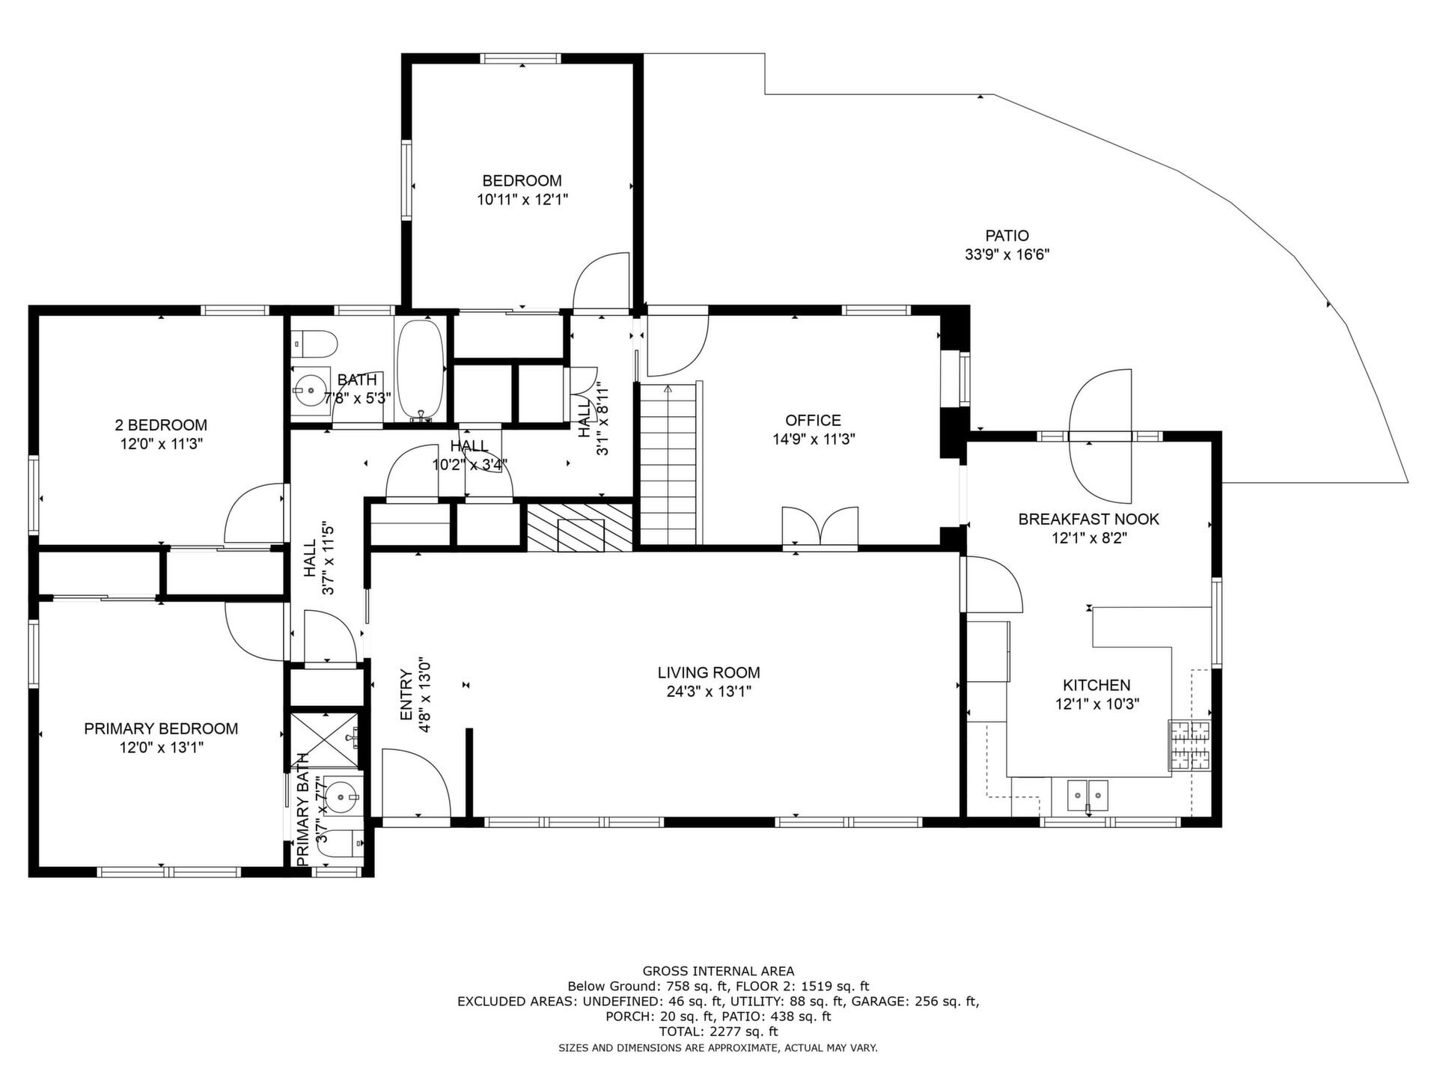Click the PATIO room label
coord(1007,236)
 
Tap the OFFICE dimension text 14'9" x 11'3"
coord(814,439)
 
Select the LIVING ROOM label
coord(709,673)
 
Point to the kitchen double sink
coord(1087,796)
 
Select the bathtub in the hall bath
coord(420,370)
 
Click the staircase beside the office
coord(670,464)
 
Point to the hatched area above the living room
coord(580,527)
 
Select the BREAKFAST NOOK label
coord(1088,519)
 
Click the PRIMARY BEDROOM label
coord(161,728)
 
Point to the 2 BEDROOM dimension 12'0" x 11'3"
coord(162,444)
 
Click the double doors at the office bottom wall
coord(820,529)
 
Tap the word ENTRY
coord(406,695)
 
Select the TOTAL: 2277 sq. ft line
coord(718,1032)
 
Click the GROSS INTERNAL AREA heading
coord(718,972)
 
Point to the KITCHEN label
coord(1096,685)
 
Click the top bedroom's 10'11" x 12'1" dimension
coord(522,200)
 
